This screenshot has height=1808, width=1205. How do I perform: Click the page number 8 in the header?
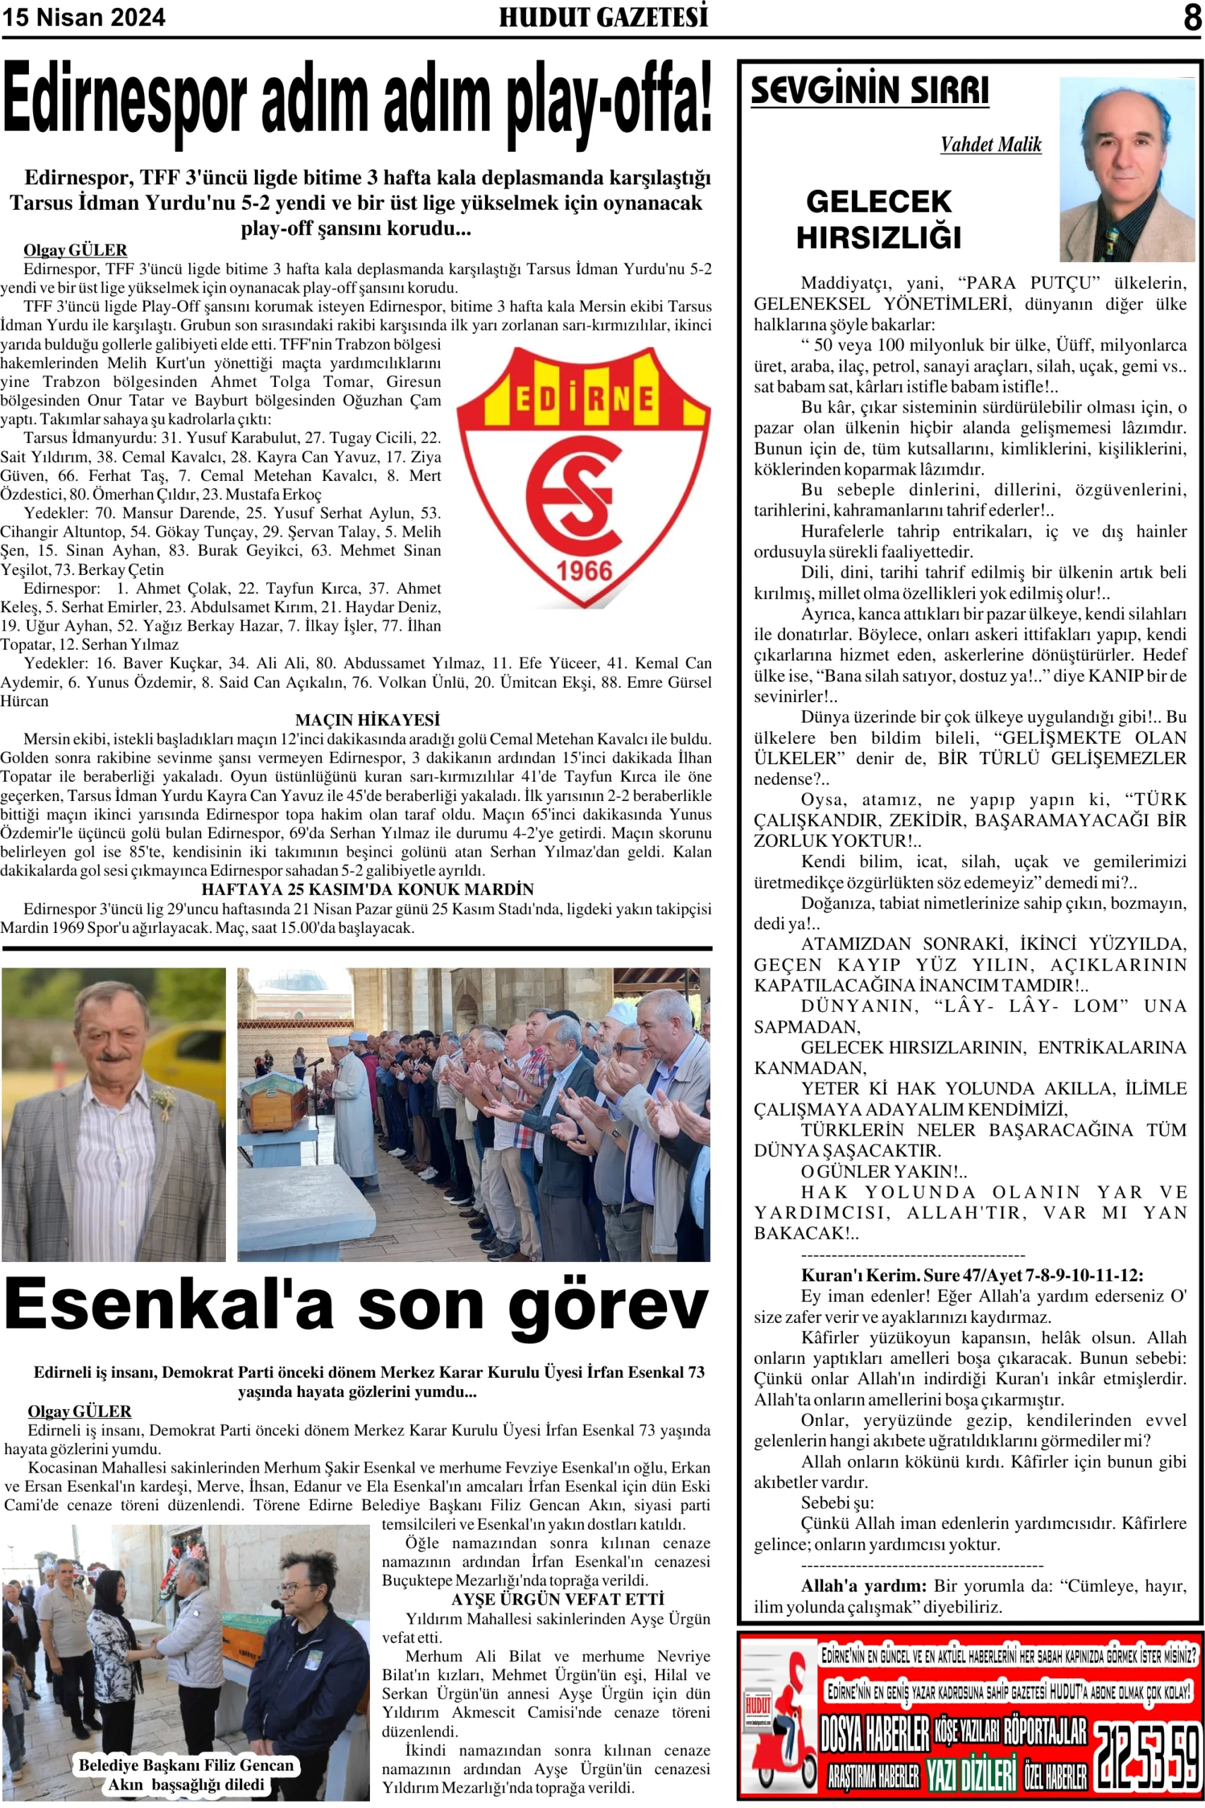tap(1192, 16)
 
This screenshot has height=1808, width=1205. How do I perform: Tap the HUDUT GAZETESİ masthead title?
tap(604, 16)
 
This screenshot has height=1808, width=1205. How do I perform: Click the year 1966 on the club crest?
tap(584, 571)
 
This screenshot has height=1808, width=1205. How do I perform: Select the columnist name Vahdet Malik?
tap(990, 145)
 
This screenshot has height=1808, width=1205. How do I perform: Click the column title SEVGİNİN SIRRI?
tap(869, 90)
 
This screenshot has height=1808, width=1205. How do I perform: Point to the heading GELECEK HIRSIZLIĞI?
tap(878, 219)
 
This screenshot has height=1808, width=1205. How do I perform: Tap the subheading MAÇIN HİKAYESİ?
tap(367, 720)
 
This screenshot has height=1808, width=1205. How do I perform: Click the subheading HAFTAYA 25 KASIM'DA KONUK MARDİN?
tap(367, 889)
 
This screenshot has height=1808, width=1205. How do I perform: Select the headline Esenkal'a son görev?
tap(356, 1304)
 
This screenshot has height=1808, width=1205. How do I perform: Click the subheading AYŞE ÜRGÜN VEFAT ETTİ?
tap(557, 1599)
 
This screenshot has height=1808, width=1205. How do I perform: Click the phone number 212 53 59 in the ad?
tap(1146, 1756)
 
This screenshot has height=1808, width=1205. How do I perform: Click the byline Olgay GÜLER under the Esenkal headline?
tap(79, 1411)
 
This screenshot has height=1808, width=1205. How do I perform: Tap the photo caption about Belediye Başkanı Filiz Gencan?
tap(186, 1774)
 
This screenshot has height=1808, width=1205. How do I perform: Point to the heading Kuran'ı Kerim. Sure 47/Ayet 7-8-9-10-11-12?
tap(971, 1275)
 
